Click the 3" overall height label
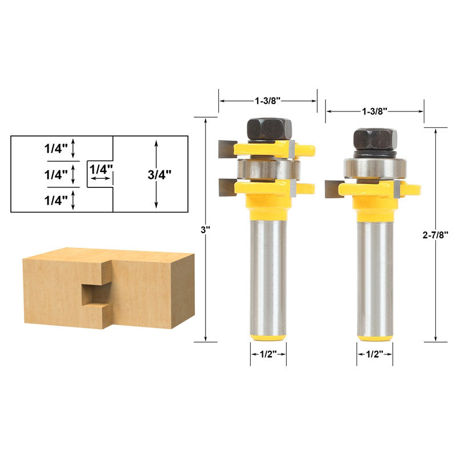(x=205, y=230)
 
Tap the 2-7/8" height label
(x=435, y=235)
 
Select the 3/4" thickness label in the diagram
(x=159, y=175)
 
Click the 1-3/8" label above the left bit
(x=267, y=101)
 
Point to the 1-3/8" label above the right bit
(x=374, y=111)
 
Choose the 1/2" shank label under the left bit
(x=268, y=354)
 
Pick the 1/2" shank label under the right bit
(x=375, y=354)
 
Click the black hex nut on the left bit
(x=269, y=129)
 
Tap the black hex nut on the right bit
(x=375, y=140)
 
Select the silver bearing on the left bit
(x=268, y=169)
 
